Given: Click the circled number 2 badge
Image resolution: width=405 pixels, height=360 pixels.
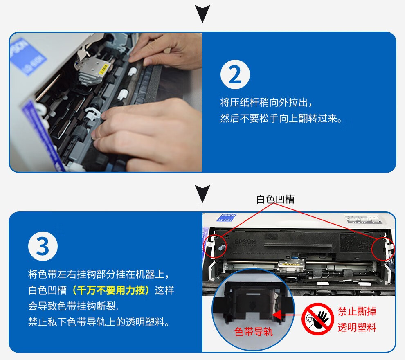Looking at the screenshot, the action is [x=235, y=74].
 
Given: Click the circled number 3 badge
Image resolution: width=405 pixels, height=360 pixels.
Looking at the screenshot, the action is [x=43, y=246].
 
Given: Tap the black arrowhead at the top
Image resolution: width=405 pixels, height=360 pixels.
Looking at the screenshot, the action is [x=202, y=13].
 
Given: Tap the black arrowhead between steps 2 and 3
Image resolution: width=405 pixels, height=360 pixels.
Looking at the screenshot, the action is [x=202, y=193].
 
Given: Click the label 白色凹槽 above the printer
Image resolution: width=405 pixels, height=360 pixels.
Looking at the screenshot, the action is [x=275, y=199].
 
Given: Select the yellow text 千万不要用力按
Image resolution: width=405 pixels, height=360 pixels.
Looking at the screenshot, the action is [x=111, y=290].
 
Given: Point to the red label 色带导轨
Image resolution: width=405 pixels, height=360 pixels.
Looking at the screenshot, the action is [x=254, y=332].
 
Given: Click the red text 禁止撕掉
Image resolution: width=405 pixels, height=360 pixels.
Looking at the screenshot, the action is [x=357, y=311].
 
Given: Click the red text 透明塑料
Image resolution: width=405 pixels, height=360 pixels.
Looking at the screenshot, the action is [x=357, y=327].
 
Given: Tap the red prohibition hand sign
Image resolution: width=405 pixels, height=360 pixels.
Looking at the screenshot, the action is [x=318, y=319].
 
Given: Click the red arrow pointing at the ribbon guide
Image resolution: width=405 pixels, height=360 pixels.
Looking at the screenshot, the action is [x=287, y=315].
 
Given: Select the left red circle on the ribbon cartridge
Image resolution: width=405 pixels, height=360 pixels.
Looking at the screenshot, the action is [x=215, y=246].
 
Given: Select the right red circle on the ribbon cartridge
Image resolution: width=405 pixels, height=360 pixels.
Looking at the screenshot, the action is [x=383, y=249].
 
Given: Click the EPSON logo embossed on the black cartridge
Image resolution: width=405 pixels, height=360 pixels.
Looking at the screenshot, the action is [x=245, y=242].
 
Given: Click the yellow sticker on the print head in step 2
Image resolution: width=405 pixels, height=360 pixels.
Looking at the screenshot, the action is [x=103, y=70].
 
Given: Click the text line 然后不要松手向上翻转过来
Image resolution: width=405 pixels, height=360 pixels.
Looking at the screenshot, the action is [x=281, y=119].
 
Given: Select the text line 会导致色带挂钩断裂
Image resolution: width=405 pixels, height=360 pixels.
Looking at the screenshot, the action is [x=73, y=306].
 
